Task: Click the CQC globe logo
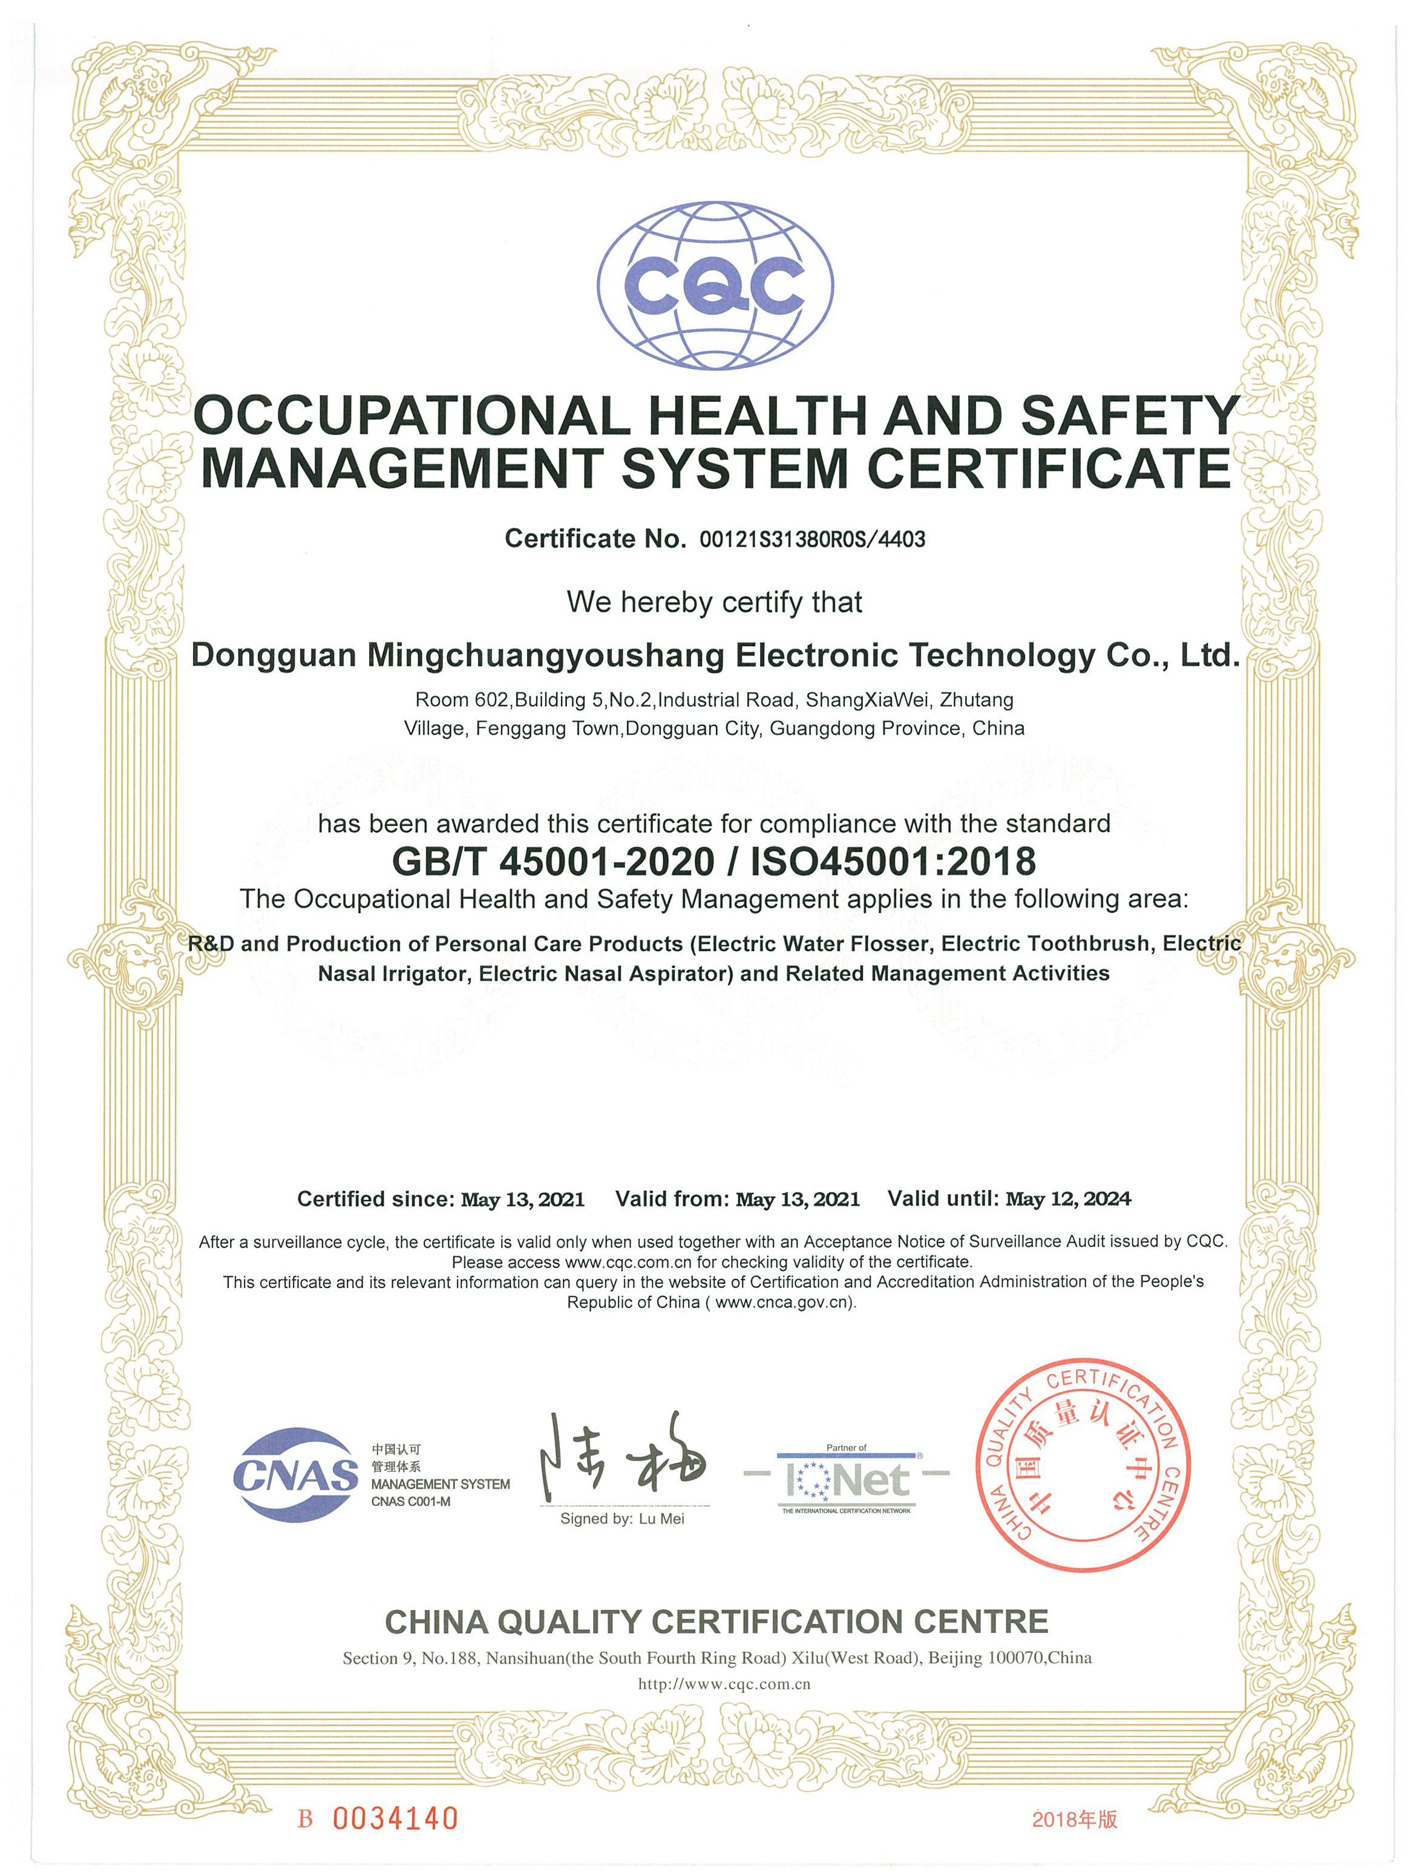[715, 284]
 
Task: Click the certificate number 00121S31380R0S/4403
[812, 539]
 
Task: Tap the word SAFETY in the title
[1129, 416]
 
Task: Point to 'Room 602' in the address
[461, 700]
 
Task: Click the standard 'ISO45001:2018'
[893, 862]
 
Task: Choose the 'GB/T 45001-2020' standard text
[553, 862]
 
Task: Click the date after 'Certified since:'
[522, 1199]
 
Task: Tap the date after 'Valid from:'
[798, 1199]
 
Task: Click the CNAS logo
[295, 1475]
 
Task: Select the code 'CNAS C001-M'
[411, 1502]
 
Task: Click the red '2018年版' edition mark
[1074, 1819]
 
